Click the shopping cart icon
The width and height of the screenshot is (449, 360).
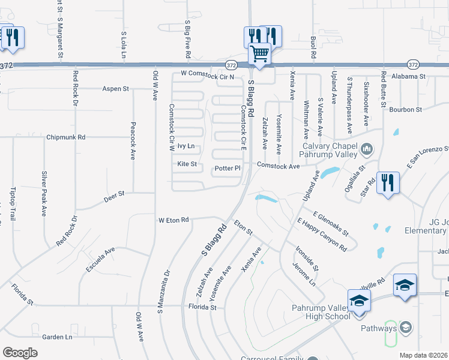[x=260, y=53]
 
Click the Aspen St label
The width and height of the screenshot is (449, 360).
[x=116, y=89]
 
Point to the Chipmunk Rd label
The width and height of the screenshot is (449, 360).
[x=66, y=137]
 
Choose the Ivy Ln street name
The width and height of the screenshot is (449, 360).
[x=186, y=146]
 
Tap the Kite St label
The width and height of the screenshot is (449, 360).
[x=187, y=164]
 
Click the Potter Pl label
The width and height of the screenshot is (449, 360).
[x=228, y=169]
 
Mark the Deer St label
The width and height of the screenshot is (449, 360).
[x=113, y=194]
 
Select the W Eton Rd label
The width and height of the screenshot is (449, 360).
[x=173, y=220]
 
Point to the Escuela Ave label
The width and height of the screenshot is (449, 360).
[x=100, y=260]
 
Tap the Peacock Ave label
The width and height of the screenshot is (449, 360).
[x=133, y=141]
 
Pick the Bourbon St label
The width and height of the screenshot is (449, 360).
[x=406, y=110]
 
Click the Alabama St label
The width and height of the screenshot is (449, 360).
[x=408, y=77]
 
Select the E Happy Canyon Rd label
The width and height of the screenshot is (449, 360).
[x=322, y=235]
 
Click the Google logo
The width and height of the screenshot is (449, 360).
[x=20, y=353]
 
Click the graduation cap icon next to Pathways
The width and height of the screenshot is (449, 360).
[x=406, y=328]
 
